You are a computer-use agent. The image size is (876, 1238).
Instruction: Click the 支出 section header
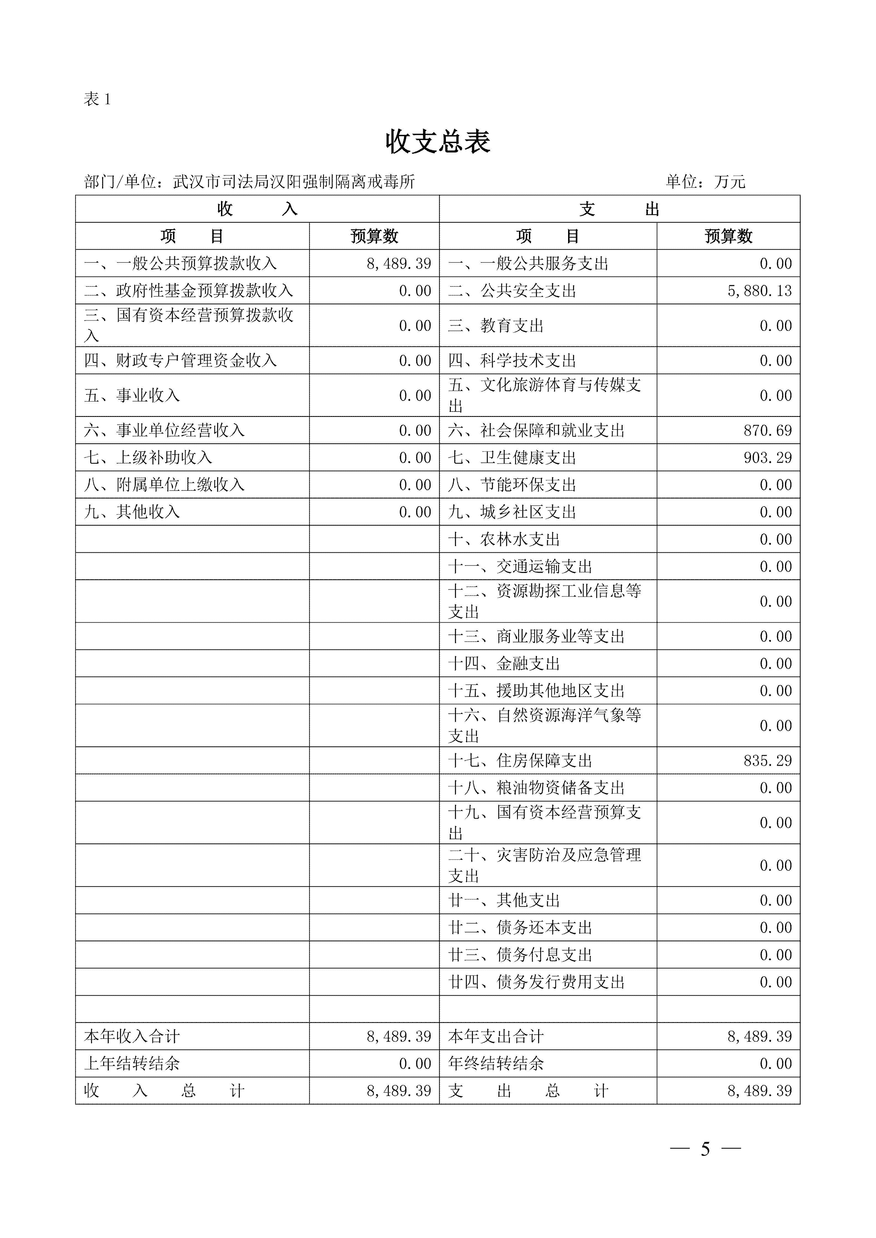tap(619, 209)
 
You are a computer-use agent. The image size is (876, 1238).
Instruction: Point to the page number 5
tap(705, 1149)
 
